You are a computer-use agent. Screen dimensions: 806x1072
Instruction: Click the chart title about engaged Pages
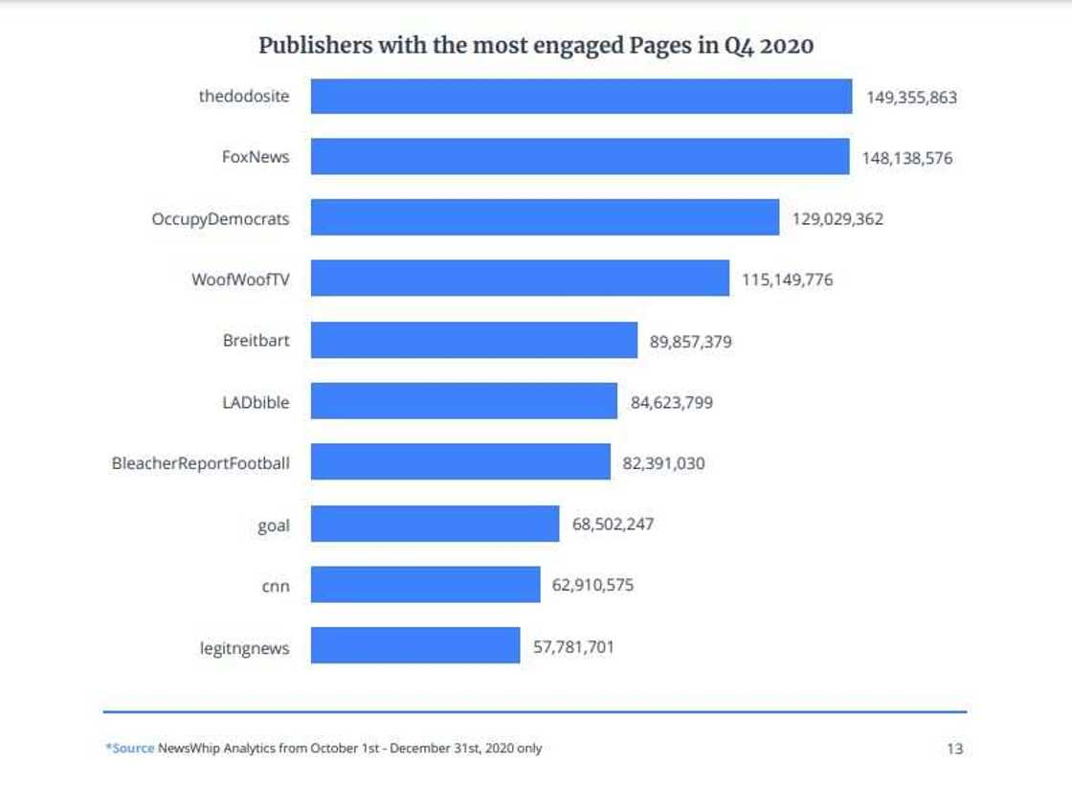(536, 45)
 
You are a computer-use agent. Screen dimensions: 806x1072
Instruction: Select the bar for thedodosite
(581, 97)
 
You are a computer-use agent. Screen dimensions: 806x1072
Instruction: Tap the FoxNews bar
(579, 157)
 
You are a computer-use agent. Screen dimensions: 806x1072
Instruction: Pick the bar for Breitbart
(474, 341)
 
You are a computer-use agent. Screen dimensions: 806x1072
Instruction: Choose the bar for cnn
(425, 585)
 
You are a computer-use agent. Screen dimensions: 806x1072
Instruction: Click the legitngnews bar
(415, 646)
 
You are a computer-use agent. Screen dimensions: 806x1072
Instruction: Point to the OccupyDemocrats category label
(220, 219)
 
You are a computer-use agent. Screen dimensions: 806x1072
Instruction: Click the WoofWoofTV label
(240, 280)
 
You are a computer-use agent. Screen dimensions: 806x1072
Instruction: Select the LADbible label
(256, 402)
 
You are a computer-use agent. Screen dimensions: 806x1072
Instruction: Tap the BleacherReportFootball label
(201, 463)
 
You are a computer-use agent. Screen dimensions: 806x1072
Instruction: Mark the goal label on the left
(274, 525)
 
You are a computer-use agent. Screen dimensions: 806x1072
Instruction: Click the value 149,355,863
(911, 97)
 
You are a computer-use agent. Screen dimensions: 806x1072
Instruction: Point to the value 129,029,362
(837, 219)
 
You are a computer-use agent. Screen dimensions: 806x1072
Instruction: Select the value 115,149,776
(787, 280)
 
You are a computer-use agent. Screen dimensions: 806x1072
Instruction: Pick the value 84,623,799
(671, 402)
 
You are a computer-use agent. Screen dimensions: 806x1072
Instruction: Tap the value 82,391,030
(663, 463)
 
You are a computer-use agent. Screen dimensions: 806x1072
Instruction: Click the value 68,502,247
(613, 525)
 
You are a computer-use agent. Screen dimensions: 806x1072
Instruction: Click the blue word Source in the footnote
(132, 749)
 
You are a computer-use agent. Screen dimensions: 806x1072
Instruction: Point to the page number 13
(954, 749)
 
